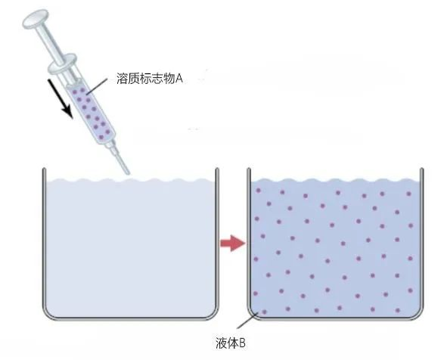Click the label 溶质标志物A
tap(150, 79)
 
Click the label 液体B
tap(231, 343)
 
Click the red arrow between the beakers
tap(233, 243)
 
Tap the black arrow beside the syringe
tap(60, 98)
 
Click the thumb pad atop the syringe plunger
tap(36, 19)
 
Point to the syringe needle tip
tap(128, 173)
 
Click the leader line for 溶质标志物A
tap(97, 86)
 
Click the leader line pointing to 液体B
tap(247, 321)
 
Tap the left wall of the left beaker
tap(44, 238)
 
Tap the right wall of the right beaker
tap(422, 238)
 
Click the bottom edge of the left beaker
tap(131, 318)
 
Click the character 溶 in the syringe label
tap(121, 79)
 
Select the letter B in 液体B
tap(242, 343)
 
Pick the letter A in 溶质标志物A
tap(179, 79)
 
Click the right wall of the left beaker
tap(217, 238)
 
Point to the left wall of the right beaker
tap(249, 238)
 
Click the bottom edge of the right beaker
tap(335, 318)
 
